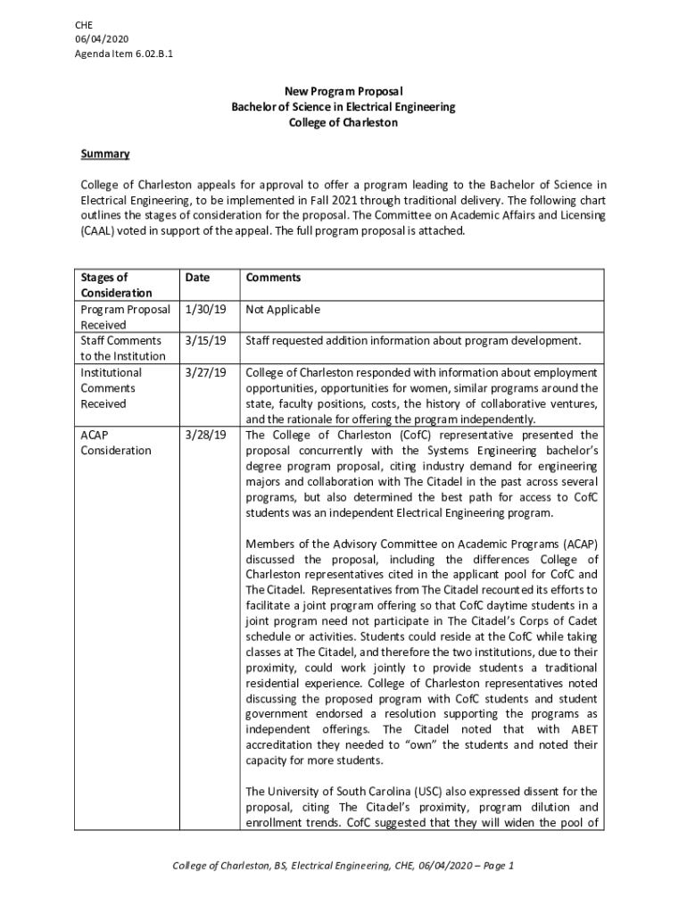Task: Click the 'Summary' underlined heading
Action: [105, 154]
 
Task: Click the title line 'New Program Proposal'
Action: [343, 91]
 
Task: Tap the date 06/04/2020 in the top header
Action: [103, 40]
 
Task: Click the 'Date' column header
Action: [197, 278]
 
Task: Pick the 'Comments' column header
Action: [274, 278]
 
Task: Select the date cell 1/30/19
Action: [205, 310]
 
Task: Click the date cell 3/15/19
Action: [205, 341]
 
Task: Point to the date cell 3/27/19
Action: [205, 372]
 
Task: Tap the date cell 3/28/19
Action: [205, 435]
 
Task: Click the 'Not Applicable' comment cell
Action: [283, 310]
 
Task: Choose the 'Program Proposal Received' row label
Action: [125, 318]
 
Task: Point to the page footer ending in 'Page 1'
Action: [343, 866]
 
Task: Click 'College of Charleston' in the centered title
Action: [343, 123]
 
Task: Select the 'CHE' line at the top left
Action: [84, 25]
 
